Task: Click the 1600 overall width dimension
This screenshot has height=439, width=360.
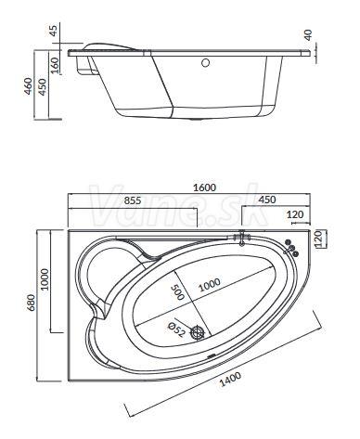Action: pos(204,187)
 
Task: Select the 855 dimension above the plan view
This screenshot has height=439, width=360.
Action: pos(133,200)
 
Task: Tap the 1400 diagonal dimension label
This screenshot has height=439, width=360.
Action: pos(230,380)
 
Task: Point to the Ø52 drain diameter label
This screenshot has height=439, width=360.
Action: pos(176,329)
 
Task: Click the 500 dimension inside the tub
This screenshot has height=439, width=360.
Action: pos(177,292)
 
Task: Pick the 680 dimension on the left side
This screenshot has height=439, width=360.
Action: pos(31,303)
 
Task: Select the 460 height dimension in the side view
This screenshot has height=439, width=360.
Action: pos(29,86)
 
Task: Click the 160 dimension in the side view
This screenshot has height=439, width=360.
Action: pos(55,65)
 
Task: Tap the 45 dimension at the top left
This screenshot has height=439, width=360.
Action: pos(54,31)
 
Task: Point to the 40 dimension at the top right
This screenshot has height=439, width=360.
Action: pos(308,35)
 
